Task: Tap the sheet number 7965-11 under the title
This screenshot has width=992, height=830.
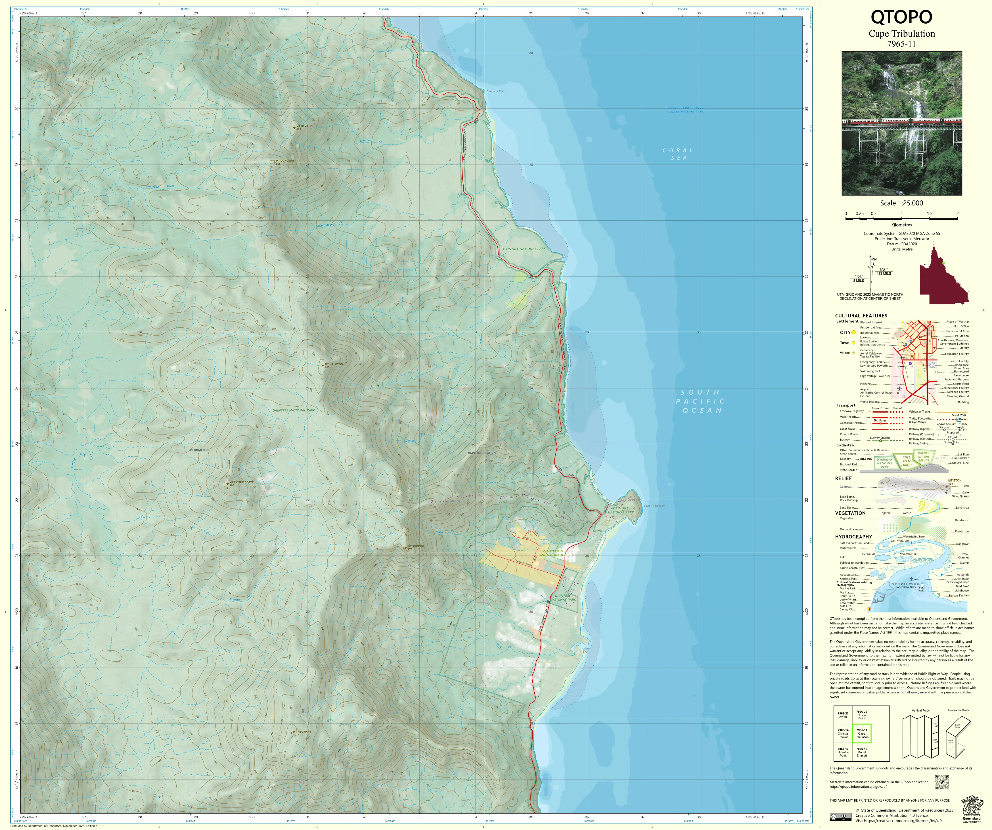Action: point(901,44)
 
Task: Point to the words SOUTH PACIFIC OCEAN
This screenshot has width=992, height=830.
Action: point(700,401)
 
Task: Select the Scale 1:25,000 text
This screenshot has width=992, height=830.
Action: point(901,203)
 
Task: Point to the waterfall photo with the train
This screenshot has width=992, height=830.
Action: point(901,123)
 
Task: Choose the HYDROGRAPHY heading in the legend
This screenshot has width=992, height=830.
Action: point(853,537)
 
